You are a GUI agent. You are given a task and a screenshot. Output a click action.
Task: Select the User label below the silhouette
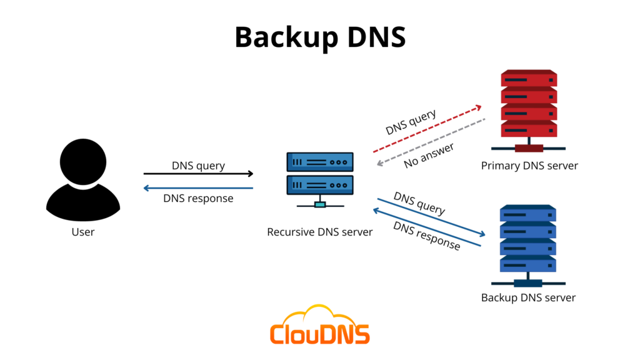[x=82, y=232]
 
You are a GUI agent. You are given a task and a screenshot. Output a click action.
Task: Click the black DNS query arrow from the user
[x=198, y=174]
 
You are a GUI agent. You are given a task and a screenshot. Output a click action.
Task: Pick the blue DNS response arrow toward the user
[x=198, y=188]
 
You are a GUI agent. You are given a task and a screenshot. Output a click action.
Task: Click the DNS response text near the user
[x=198, y=199]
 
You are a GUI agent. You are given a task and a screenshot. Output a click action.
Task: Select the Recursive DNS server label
[x=320, y=232]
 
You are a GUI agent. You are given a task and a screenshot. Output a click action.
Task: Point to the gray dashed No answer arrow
[x=431, y=142]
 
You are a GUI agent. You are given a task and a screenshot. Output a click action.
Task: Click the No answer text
[x=429, y=155]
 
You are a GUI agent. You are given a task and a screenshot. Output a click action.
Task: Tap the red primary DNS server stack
[x=528, y=106]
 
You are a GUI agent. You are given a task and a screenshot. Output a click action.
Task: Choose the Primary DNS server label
[x=529, y=166]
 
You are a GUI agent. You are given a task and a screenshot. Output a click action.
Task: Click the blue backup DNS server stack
[x=528, y=241]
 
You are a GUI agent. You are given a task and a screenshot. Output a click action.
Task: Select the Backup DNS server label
[x=528, y=297]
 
